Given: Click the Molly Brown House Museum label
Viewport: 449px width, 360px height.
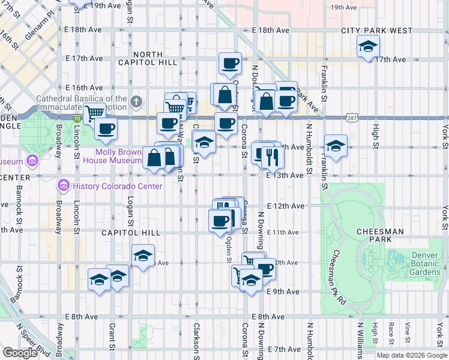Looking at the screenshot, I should (x=120, y=156).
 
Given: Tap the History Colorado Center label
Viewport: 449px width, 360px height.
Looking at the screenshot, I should (x=117, y=186).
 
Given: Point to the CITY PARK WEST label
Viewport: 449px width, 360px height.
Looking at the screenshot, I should (x=377, y=31).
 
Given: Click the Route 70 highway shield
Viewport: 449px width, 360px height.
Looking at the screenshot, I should (x=77, y=119).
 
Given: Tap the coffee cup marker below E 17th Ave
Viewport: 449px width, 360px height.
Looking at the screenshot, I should (x=229, y=64).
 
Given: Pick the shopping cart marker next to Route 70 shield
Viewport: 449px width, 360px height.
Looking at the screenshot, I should (x=94, y=112).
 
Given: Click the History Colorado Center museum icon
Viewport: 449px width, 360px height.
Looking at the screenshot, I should (x=64, y=186).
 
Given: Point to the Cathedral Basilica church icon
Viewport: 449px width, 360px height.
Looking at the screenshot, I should (x=137, y=101).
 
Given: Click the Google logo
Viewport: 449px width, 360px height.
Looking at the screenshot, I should (x=20, y=352).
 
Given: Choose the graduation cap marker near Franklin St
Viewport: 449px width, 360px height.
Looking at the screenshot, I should (x=335, y=146).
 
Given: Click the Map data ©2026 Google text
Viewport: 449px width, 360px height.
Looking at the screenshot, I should (x=411, y=355).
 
